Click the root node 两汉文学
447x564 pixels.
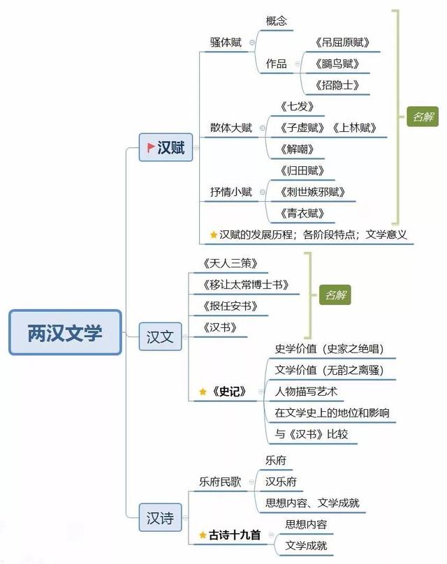click(65, 333)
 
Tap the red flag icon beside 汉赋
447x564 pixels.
click(151, 147)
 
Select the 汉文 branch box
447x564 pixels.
click(160, 336)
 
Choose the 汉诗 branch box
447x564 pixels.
click(160, 518)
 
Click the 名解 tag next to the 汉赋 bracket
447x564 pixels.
click(423, 117)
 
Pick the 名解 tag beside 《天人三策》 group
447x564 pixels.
click(335, 295)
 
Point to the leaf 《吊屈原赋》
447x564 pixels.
click(342, 43)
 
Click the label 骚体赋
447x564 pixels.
click(226, 43)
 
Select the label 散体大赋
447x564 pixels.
click(231, 128)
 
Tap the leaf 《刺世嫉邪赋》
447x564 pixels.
click(313, 192)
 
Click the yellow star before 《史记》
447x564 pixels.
click(203, 392)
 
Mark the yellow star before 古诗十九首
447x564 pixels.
click(203, 535)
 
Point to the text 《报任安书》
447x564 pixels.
click(230, 306)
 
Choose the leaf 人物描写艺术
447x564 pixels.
click(306, 392)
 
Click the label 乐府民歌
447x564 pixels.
click(220, 482)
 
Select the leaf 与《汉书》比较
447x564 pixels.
click(312, 434)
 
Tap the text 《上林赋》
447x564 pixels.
click(355, 128)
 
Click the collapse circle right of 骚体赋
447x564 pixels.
click(252, 43)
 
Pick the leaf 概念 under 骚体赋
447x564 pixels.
click(277, 21)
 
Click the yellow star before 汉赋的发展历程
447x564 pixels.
click(214, 235)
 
